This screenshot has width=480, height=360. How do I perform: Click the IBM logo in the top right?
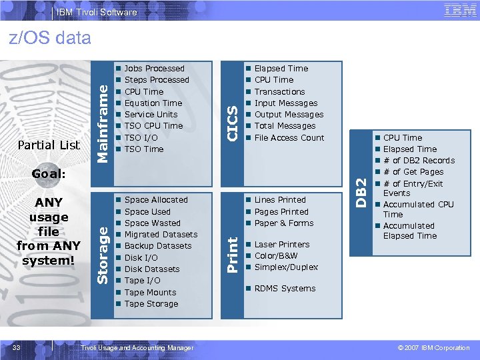(x=460, y=9)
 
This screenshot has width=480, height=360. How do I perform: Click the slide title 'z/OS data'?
(x=50, y=38)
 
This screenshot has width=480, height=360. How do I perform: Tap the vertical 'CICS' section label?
(x=231, y=121)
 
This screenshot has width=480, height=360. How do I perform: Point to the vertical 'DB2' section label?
(x=361, y=192)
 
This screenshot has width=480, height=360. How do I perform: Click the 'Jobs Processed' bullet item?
(x=154, y=69)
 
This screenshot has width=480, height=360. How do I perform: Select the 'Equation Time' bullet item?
(x=153, y=103)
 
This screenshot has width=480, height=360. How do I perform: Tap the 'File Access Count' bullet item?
(x=289, y=138)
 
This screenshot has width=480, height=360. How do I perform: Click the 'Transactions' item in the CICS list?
(x=279, y=92)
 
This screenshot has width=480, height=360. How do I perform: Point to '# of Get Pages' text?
(x=413, y=172)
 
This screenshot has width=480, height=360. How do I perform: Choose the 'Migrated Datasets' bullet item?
(x=161, y=235)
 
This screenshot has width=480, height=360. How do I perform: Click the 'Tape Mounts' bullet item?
(x=150, y=293)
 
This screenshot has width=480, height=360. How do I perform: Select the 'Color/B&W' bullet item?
(x=276, y=256)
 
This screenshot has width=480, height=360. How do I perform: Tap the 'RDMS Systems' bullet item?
(x=285, y=289)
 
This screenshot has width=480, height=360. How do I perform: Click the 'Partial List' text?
(x=49, y=145)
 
